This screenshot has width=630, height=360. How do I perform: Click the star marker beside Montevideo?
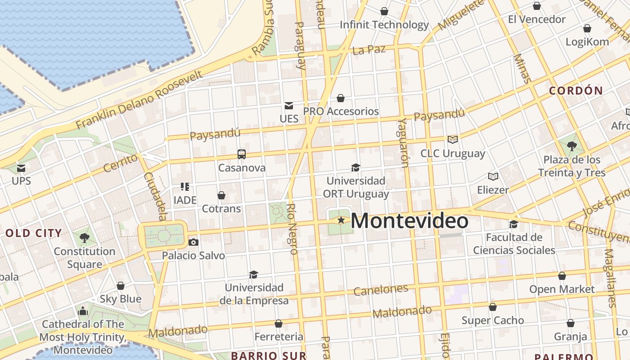tap(341, 220)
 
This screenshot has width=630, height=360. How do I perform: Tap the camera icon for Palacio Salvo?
tap(193, 243)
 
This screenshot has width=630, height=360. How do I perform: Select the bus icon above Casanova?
tap(242, 154)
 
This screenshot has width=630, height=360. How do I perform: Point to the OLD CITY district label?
tap(34, 233)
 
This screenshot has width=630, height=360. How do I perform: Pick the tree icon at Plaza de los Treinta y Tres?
tap(572, 146)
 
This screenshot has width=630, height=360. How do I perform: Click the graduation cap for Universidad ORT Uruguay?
tap(355, 168)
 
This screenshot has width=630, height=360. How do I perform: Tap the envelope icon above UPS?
tap(21, 168)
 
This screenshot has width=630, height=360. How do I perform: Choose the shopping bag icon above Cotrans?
tap(221, 195)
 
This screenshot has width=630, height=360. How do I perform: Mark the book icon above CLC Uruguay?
tap(452, 140)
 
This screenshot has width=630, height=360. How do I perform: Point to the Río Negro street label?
tap(292, 229)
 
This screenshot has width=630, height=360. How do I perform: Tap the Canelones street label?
tap(381, 290)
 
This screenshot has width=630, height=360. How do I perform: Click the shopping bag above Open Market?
tap(562, 276)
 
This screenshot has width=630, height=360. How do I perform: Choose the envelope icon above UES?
tap(289, 106)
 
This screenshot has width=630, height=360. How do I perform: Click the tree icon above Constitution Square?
tap(84, 238)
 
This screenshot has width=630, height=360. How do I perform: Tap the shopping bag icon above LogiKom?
tap(587, 29)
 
